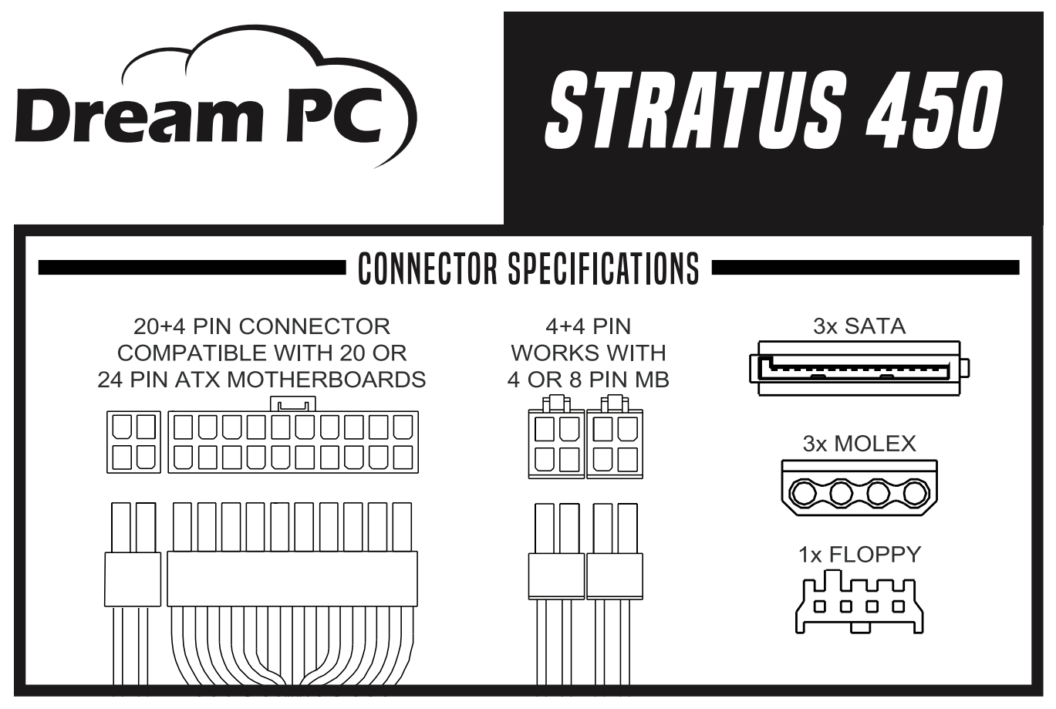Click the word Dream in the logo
[x=139, y=115]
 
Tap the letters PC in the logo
[x=334, y=116]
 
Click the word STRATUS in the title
[x=693, y=110]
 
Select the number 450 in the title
[x=934, y=110]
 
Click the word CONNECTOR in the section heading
[x=427, y=268]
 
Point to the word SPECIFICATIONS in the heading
[x=603, y=268]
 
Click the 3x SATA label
[x=859, y=326]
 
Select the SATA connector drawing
[x=859, y=368]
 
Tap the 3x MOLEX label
[x=859, y=444]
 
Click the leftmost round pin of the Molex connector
[x=802, y=494]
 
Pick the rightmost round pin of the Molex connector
[x=916, y=494]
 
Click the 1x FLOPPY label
[x=859, y=555]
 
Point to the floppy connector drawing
[x=859, y=602]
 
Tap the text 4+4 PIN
[x=588, y=326]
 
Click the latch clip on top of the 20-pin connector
[x=293, y=404]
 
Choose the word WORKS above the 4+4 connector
[x=546, y=353]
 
